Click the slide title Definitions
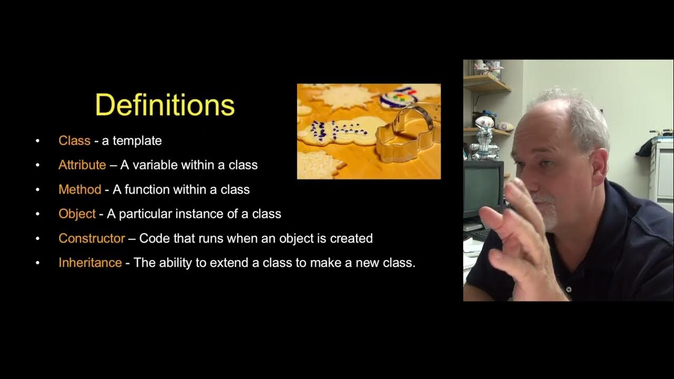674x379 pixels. [x=165, y=105]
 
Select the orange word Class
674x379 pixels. [x=74, y=141]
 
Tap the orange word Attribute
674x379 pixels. [x=82, y=165]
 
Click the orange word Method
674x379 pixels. [x=80, y=189]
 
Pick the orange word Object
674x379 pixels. [x=77, y=214]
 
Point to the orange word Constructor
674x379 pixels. [x=92, y=238]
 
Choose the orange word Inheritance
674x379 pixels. [x=90, y=262]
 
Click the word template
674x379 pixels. [x=137, y=141]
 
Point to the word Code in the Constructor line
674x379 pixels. [x=153, y=238]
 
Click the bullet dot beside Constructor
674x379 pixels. [x=37, y=238]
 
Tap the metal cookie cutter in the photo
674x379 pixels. [x=405, y=134]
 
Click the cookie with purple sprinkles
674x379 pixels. [x=337, y=132]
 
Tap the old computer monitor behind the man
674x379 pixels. [x=482, y=184]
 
